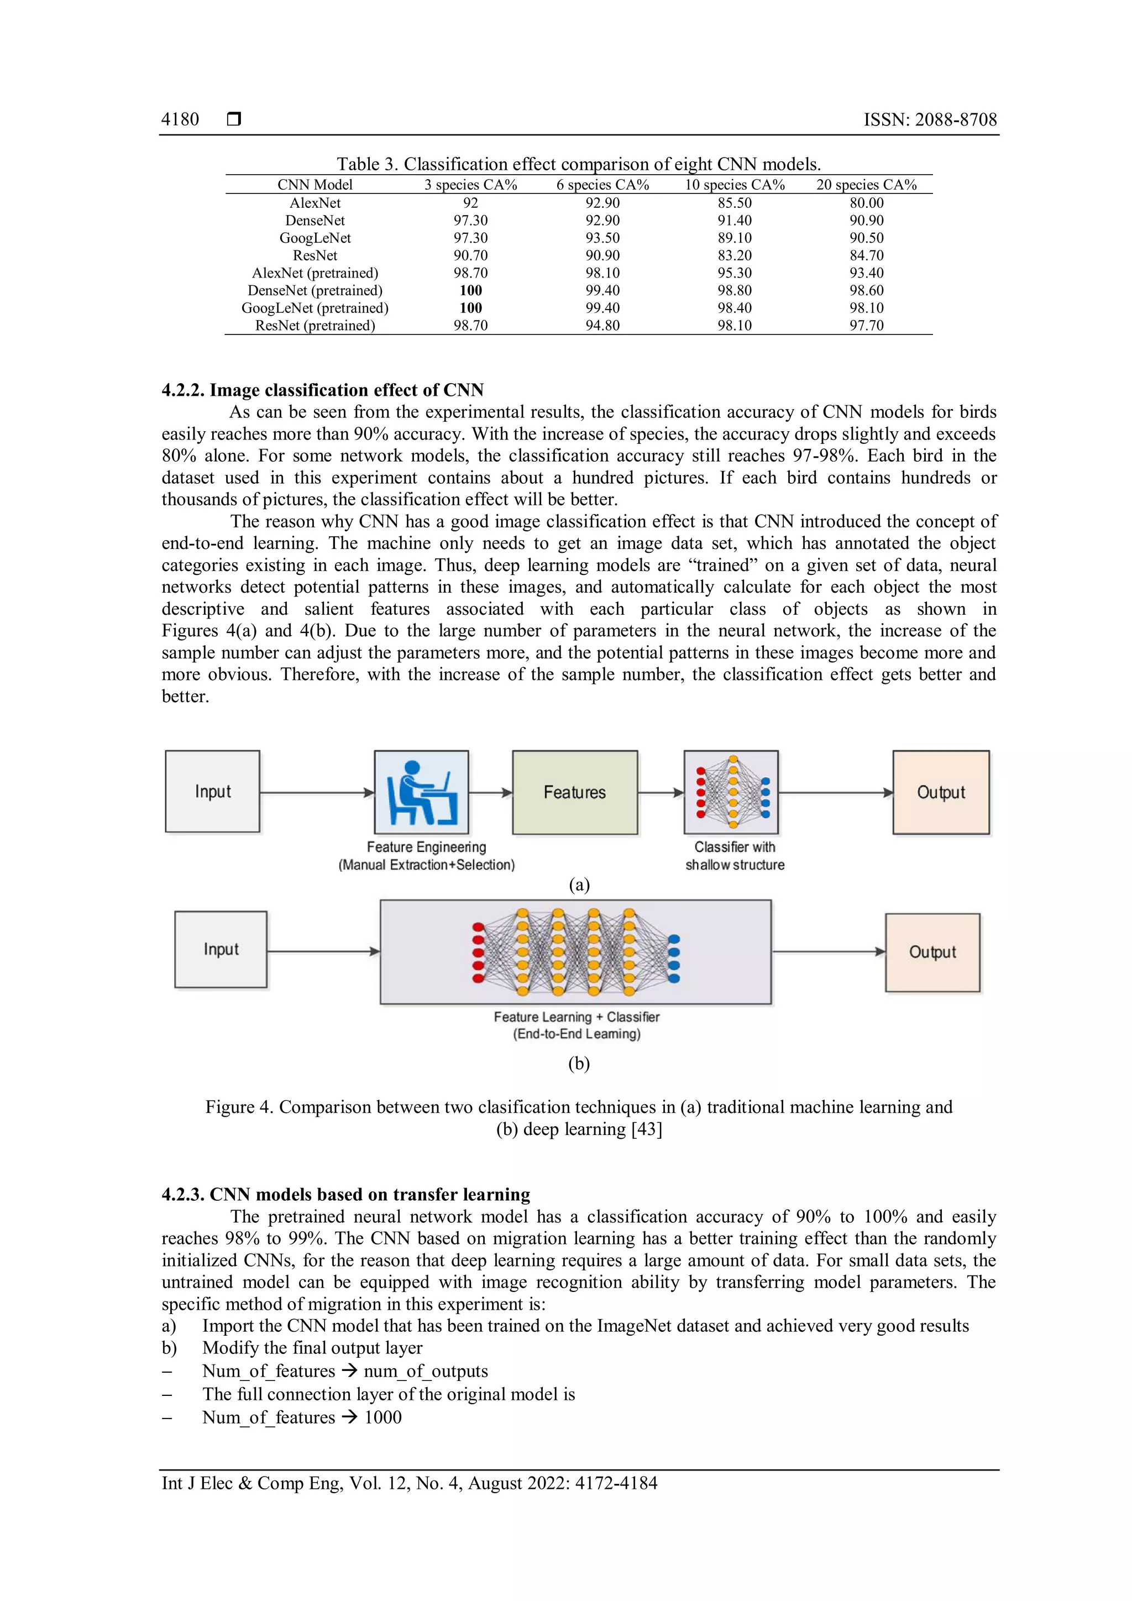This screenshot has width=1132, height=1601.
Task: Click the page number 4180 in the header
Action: tap(180, 119)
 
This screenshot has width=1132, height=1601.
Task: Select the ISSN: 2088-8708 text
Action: tap(930, 119)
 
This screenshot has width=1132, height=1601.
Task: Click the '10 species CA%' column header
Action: tap(734, 185)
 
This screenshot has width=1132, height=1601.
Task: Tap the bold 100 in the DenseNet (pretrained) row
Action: tap(470, 290)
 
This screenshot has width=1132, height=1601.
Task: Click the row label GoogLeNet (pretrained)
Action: tap(315, 307)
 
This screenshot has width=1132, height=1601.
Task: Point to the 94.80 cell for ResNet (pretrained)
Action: tap(602, 325)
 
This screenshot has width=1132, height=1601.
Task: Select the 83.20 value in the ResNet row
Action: tap(734, 255)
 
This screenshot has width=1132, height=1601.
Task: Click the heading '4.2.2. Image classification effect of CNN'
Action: tap(323, 390)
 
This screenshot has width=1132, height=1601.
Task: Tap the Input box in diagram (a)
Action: tap(213, 792)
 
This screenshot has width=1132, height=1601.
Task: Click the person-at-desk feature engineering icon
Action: tap(422, 792)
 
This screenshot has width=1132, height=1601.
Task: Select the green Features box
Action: tap(574, 792)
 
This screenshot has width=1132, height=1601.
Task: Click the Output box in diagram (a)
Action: tap(941, 792)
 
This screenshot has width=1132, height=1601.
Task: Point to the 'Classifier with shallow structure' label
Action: tap(735, 856)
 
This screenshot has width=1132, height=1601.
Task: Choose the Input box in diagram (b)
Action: tap(221, 949)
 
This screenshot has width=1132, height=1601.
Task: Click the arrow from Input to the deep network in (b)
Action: tap(323, 951)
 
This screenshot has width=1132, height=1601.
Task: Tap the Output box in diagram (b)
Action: tap(932, 952)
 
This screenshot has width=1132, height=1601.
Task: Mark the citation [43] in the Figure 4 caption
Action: tap(647, 1129)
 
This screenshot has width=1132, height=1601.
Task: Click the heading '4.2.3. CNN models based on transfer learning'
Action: tap(345, 1195)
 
